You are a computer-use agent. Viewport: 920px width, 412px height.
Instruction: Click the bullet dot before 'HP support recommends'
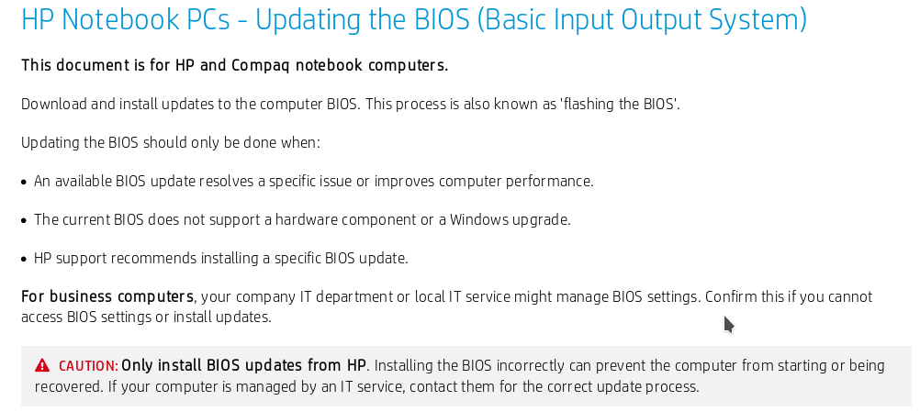(24, 259)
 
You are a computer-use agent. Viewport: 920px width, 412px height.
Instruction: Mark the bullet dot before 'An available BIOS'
(24, 182)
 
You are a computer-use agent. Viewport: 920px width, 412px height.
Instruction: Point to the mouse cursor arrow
(728, 323)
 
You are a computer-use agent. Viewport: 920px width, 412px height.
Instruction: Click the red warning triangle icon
(42, 366)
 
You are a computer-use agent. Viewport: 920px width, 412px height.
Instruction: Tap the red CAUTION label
(88, 366)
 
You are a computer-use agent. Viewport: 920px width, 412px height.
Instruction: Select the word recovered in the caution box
(65, 386)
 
